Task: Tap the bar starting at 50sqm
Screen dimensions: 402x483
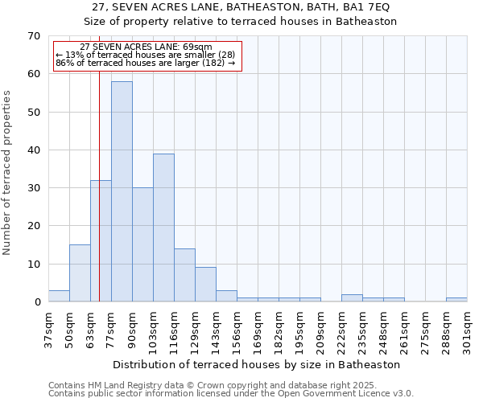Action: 80,273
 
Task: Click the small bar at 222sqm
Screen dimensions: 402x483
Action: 352,298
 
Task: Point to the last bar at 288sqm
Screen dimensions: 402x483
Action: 456,300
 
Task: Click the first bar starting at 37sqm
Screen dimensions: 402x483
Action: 59,296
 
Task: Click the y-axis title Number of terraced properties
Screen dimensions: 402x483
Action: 8,173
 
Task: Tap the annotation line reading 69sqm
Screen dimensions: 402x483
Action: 147,47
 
